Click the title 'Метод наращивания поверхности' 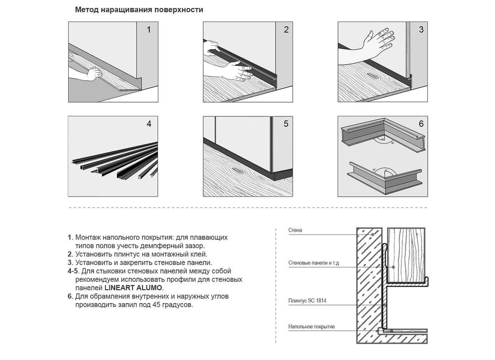[139, 10]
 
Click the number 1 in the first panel [148, 30]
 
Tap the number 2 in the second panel [286, 30]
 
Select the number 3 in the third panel [421, 30]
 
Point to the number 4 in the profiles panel [149, 124]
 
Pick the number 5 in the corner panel [286, 124]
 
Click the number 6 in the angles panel [421, 124]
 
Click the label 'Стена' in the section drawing [295, 230]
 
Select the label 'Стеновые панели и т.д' [313, 263]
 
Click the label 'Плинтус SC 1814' [307, 301]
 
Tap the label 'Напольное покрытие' [311, 326]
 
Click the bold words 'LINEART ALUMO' [133, 288]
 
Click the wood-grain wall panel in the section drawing [406, 255]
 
